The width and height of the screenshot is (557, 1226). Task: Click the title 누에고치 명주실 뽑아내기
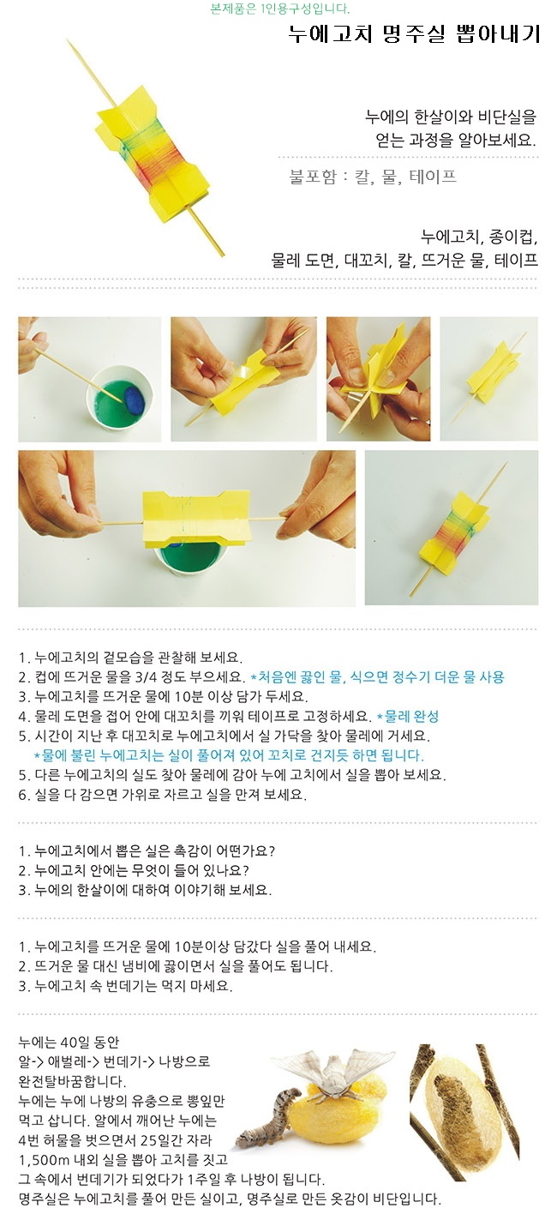415,34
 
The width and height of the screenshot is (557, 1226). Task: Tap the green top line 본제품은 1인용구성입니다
280,9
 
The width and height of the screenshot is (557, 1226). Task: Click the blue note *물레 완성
408,716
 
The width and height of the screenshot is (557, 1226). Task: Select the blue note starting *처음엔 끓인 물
377,677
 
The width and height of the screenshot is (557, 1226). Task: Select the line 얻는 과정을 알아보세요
456,141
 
